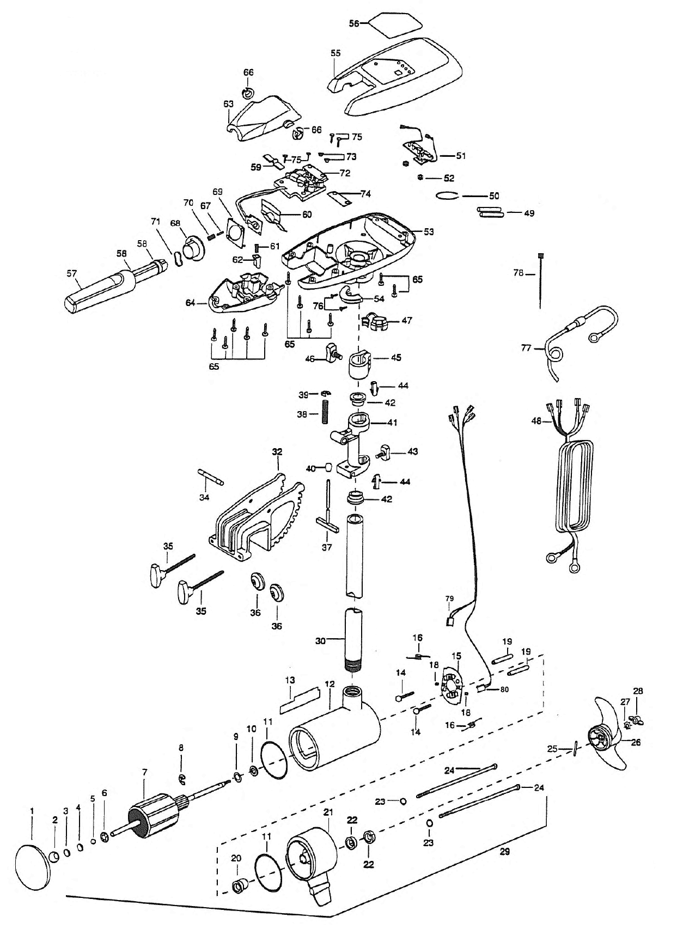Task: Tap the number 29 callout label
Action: click(504, 852)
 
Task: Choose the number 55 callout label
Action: click(336, 53)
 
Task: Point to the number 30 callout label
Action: click(320, 641)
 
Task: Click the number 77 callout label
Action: click(526, 347)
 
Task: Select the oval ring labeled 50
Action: click(448, 196)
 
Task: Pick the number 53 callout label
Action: click(429, 232)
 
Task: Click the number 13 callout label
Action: click(290, 680)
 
